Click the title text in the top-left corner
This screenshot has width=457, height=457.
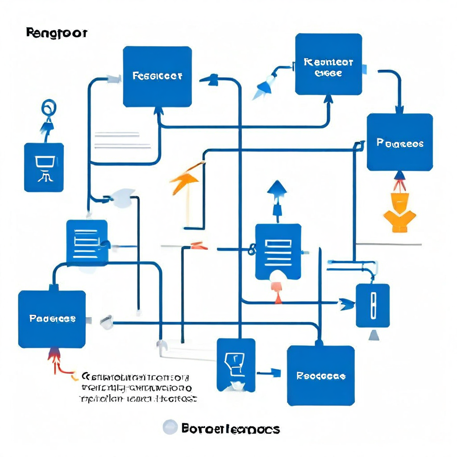(57, 33)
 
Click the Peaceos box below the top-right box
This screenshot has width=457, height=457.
(400, 142)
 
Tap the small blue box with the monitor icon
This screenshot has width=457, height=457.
(44, 167)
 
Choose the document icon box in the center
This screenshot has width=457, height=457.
(278, 252)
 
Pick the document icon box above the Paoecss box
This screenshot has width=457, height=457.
(87, 241)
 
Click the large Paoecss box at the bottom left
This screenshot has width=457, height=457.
(52, 319)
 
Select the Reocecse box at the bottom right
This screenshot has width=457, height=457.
(320, 375)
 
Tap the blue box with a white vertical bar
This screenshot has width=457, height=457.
(373, 305)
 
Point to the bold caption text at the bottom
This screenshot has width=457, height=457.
(231, 429)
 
